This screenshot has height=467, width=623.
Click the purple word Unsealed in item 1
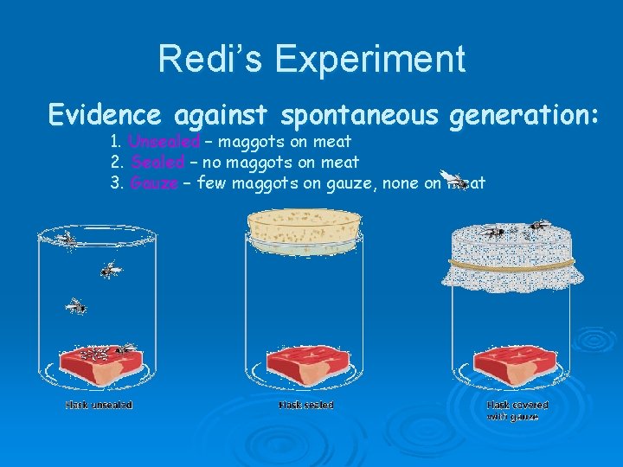(164, 141)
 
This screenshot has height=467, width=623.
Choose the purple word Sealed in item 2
(158, 162)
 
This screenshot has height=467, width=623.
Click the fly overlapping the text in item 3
(453, 179)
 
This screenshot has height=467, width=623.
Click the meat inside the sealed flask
(307, 368)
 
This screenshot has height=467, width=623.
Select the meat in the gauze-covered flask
(515, 368)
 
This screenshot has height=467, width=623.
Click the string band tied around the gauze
(516, 262)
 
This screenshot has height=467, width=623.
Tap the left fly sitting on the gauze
(494, 231)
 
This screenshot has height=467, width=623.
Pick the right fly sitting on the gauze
(536, 227)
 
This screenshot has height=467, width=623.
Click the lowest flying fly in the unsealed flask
(77, 306)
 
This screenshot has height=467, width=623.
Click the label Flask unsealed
(99, 405)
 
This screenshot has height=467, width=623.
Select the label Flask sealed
(305, 405)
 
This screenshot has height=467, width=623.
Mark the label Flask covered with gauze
(517, 410)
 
